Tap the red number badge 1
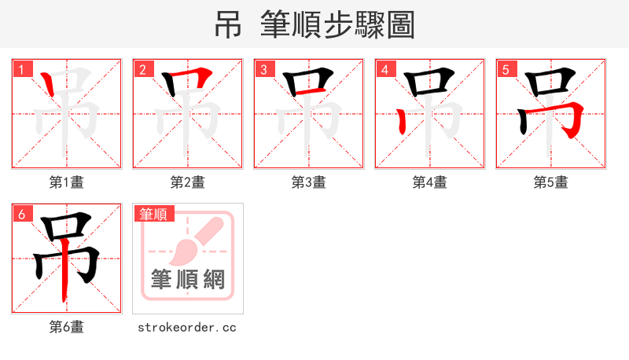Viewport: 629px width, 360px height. pos(22,70)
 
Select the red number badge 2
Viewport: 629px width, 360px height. pos(143,70)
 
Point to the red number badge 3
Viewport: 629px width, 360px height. pos(264,70)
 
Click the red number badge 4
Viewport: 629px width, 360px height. pos(385,70)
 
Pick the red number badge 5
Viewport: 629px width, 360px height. pos(506,70)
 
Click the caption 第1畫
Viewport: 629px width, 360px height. pos(67,182)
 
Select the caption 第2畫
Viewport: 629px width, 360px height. pos(188,182)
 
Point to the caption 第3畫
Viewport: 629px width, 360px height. pos(309,182)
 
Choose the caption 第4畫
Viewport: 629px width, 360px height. pos(430,182)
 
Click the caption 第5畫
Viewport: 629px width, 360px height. pos(551,182)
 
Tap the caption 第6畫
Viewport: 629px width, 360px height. pos(67,327)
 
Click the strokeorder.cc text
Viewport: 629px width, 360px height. pos(188,327)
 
